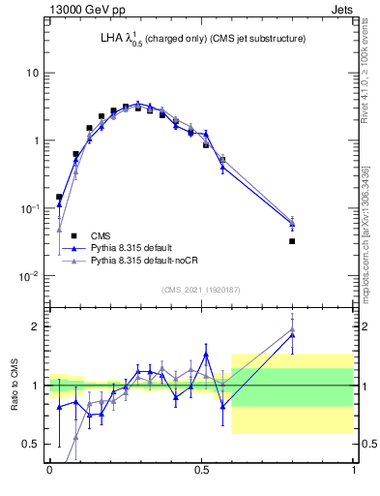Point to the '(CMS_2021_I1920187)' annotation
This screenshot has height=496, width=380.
click(201, 290)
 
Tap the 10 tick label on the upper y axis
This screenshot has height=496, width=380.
click(33, 73)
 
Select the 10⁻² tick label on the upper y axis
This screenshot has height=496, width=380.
click(29, 275)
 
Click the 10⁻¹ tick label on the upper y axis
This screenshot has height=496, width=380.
click(29, 207)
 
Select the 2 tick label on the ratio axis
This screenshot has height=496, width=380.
click(36, 326)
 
